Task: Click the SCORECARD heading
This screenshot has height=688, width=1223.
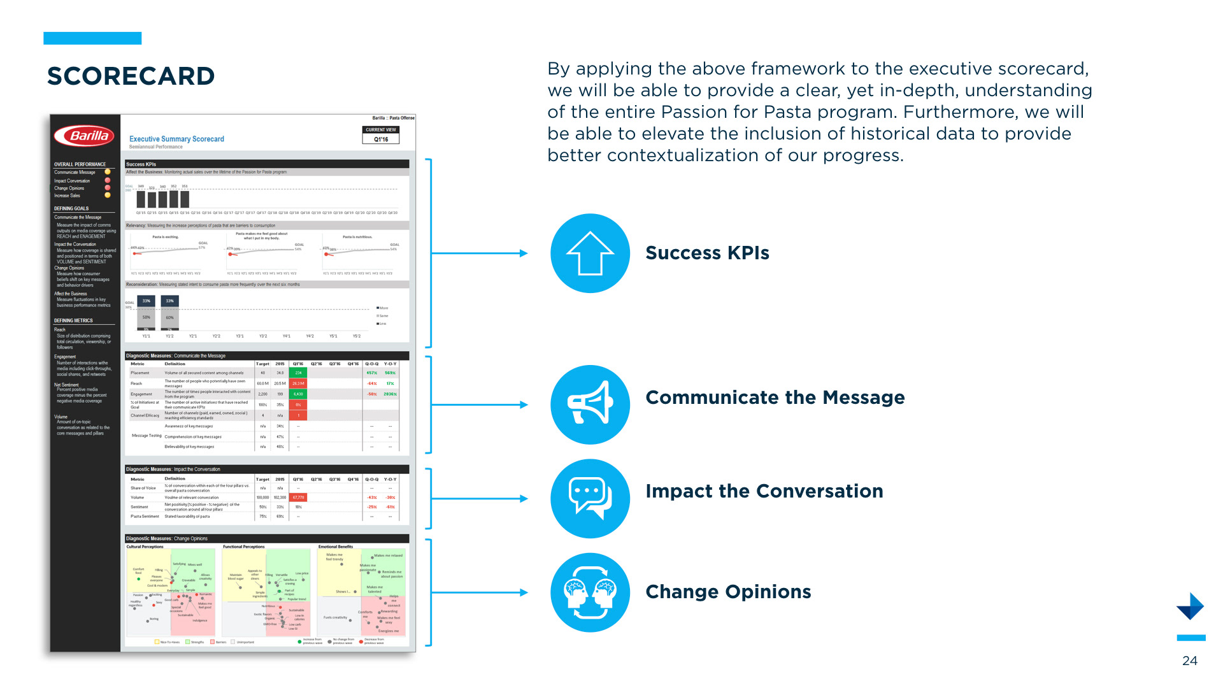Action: coord(131,76)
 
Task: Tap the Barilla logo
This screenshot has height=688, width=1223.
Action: coord(85,136)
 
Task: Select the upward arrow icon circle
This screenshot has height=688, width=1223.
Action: coord(590,254)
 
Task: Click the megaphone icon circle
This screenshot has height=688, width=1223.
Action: coord(590,405)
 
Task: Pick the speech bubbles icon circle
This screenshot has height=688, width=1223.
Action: coord(590,499)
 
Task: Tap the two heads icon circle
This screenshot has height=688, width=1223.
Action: coord(590,592)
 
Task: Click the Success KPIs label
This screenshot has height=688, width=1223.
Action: coord(707,253)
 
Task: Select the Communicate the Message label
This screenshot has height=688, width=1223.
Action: coord(775,398)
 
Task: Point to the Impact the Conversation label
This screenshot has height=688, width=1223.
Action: coord(764,491)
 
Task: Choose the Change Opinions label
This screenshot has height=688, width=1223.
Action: coord(728,592)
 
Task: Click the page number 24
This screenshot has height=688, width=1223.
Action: coord(1189,661)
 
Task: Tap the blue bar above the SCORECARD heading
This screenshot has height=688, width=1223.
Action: coord(92,38)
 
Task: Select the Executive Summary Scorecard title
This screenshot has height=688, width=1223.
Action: coord(176,139)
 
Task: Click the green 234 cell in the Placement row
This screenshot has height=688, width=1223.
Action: coord(298,373)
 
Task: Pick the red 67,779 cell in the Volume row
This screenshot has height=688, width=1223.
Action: coord(298,498)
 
